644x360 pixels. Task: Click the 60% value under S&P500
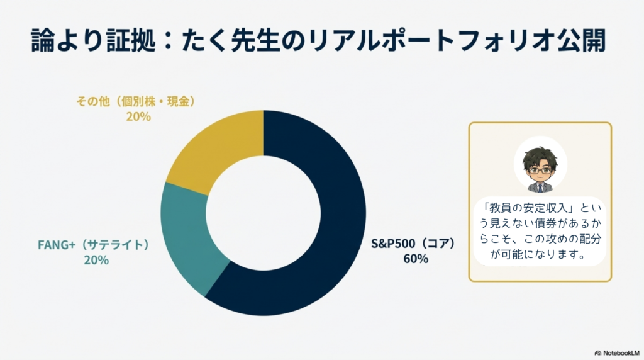416,258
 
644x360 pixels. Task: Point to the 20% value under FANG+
96,259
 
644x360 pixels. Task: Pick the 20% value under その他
138,116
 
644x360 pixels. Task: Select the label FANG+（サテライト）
96,244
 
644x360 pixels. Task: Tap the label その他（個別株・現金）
138,101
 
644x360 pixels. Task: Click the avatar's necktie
540,188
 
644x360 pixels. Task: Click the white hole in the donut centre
264,213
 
